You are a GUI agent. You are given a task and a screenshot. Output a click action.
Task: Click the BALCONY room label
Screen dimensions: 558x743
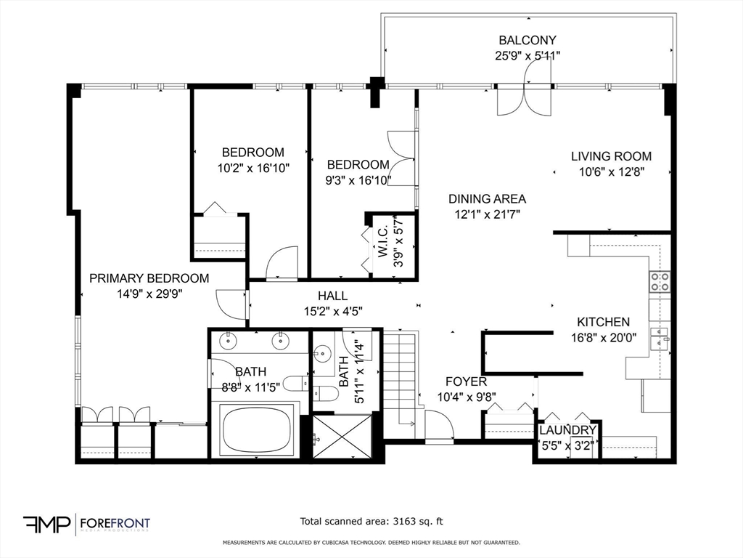pyautogui.click(x=528, y=41)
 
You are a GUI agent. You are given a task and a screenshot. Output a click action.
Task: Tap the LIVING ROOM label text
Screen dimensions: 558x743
pyautogui.click(x=611, y=156)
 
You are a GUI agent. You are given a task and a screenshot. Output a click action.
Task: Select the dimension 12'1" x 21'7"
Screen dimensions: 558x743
pyautogui.click(x=486, y=214)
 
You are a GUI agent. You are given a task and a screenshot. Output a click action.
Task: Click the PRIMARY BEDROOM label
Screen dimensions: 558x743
pyautogui.click(x=149, y=278)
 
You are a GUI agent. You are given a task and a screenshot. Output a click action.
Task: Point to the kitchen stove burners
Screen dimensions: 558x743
pyautogui.click(x=660, y=282)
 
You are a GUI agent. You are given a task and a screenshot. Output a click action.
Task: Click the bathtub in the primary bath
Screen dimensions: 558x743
pyautogui.click(x=258, y=430)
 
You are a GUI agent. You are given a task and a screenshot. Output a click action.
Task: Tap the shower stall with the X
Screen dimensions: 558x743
pyautogui.click(x=342, y=437)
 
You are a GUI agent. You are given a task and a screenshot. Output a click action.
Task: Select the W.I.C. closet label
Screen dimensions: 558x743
pyautogui.click(x=382, y=246)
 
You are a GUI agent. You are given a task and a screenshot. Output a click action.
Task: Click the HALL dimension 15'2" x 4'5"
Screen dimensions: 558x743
pyautogui.click(x=332, y=311)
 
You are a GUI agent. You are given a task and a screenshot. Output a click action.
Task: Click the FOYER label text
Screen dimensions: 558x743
pyautogui.click(x=466, y=381)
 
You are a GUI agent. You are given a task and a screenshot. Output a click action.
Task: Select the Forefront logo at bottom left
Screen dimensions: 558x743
pyautogui.click(x=87, y=523)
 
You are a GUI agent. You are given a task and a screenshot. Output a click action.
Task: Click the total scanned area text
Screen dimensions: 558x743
pyautogui.click(x=371, y=521)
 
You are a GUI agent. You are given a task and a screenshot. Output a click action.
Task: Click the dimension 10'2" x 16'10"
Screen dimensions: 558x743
pyautogui.click(x=253, y=168)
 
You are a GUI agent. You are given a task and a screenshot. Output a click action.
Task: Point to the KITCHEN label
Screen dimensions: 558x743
pyautogui.click(x=603, y=322)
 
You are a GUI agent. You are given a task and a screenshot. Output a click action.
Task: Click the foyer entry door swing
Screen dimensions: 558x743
pyautogui.click(x=438, y=426)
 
